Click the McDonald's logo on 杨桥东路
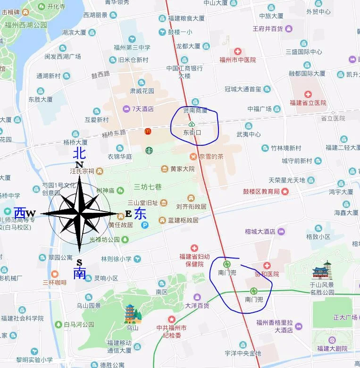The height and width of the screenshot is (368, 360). pos(148,132)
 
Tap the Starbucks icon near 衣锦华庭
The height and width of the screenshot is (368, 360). pos(149,151)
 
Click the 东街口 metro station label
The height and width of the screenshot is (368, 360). pos(192,133)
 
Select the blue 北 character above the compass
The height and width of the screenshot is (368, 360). pos(79,153)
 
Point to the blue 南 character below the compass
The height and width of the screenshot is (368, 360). pos(79,273)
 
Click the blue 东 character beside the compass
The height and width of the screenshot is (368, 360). pos(140,213)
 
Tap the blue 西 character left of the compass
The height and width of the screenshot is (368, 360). pos(20,213)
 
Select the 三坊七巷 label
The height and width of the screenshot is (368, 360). pos(148,186)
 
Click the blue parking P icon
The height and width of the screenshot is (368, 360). pos(145,225)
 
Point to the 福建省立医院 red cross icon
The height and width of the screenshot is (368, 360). pos(308,94)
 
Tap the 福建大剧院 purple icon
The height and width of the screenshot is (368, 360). pos(333,340)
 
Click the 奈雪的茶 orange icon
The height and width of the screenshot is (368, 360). pos(193,156)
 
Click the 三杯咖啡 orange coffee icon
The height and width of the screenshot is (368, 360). pos(54,274)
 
